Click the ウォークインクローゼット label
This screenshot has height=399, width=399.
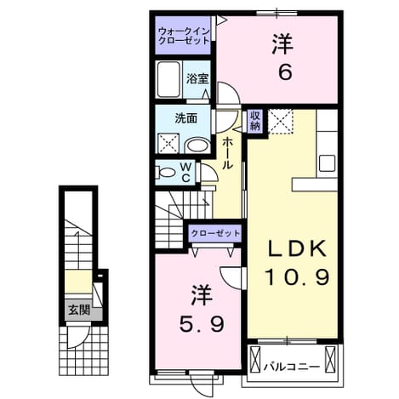pyautogui.click(x=184, y=36)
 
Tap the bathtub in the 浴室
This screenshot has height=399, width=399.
pyautogui.click(x=169, y=79)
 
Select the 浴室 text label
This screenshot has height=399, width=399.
pyautogui.click(x=197, y=78)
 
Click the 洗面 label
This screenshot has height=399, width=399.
pyautogui.click(x=185, y=118)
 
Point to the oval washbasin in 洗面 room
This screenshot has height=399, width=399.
pyautogui.click(x=197, y=145)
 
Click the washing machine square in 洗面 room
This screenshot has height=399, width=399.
pyautogui.click(x=168, y=143)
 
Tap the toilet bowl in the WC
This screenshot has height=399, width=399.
pyautogui.click(x=166, y=172)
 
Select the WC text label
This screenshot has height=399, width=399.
pyautogui.click(x=186, y=172)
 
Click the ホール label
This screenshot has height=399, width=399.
pyautogui.click(x=227, y=153)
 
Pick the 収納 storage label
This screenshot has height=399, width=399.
pyautogui.click(x=255, y=121)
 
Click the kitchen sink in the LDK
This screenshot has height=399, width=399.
pyautogui.click(x=328, y=163)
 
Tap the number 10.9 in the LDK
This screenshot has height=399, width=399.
pyautogui.click(x=297, y=277)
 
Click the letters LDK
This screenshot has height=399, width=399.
pyautogui.click(x=297, y=248)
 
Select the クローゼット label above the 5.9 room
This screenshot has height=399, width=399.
pyautogui.click(x=215, y=233)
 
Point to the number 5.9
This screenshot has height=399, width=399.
pyautogui.click(x=202, y=324)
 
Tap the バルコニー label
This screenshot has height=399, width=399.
pyautogui.click(x=292, y=368)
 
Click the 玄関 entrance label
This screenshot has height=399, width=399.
pyautogui.click(x=79, y=311)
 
